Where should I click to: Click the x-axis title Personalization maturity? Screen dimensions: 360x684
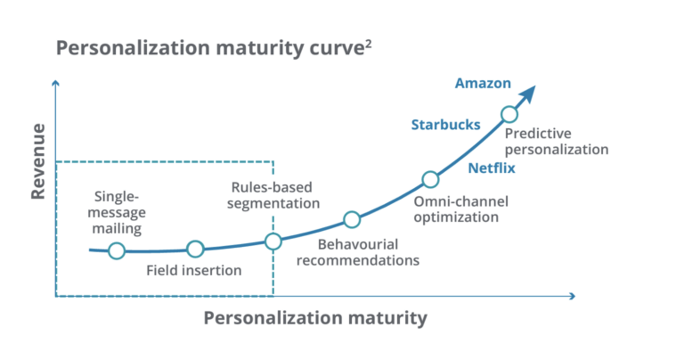315,318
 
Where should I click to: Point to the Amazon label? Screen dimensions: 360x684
483,84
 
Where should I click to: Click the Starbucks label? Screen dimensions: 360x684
445,125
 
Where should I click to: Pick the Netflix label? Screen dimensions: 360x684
492,167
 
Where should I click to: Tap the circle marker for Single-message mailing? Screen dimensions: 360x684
116,251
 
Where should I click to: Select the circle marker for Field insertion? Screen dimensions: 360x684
195,250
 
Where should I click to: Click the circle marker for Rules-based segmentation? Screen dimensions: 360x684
273,241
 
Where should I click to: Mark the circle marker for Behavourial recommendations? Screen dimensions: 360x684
352,219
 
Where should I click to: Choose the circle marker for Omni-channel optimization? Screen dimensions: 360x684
430,179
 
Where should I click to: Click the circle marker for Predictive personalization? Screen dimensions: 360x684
509,114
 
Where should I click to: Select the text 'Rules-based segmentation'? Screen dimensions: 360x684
275,195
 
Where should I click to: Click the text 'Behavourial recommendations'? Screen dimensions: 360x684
357,252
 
